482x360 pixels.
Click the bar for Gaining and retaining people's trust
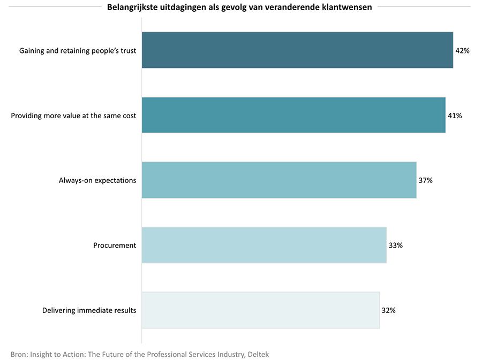(x=297, y=50)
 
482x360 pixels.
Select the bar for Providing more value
(x=293, y=115)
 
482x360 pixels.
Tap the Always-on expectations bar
(x=279, y=180)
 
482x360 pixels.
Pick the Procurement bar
(x=264, y=245)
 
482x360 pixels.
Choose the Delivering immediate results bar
(x=260, y=310)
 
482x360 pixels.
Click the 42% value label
(x=462, y=51)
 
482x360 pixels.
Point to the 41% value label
(x=455, y=116)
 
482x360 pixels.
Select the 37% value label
(x=425, y=181)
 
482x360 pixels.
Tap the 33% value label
(x=395, y=246)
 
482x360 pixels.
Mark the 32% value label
(x=388, y=310)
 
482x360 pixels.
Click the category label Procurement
(x=115, y=246)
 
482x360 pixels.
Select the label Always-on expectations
(x=97, y=181)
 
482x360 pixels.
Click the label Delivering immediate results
(x=89, y=310)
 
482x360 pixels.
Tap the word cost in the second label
(x=129, y=116)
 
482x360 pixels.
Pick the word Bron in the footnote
(x=19, y=354)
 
